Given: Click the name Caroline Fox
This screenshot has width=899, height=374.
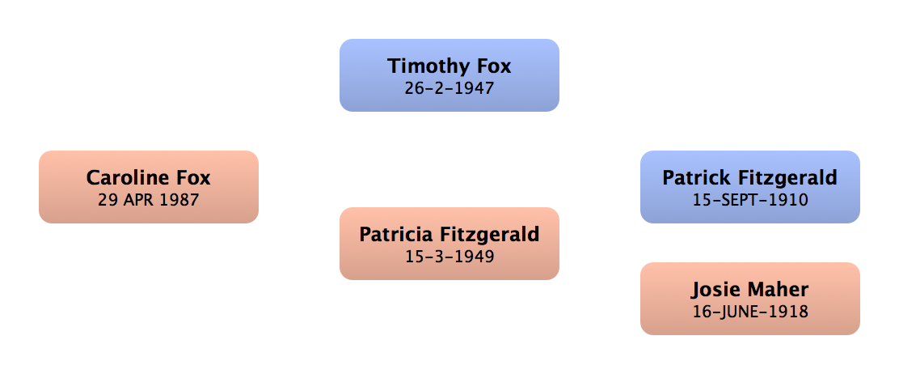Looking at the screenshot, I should click(x=149, y=177).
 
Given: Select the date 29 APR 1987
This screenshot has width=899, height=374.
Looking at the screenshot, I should click(x=149, y=199).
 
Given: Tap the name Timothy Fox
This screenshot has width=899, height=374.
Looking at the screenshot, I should click(x=449, y=66).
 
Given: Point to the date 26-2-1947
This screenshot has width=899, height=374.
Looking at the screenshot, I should click(x=449, y=87).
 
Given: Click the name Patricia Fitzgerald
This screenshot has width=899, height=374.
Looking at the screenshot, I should click(x=449, y=235).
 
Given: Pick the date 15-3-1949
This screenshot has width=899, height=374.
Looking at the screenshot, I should click(x=449, y=257).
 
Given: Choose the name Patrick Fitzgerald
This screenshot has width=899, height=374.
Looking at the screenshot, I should click(x=749, y=177).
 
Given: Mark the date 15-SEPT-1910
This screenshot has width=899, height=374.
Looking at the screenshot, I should click(x=749, y=199).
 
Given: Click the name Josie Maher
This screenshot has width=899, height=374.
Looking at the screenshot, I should click(x=749, y=289).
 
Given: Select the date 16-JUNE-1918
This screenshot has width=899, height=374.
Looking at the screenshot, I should click(x=749, y=311).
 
